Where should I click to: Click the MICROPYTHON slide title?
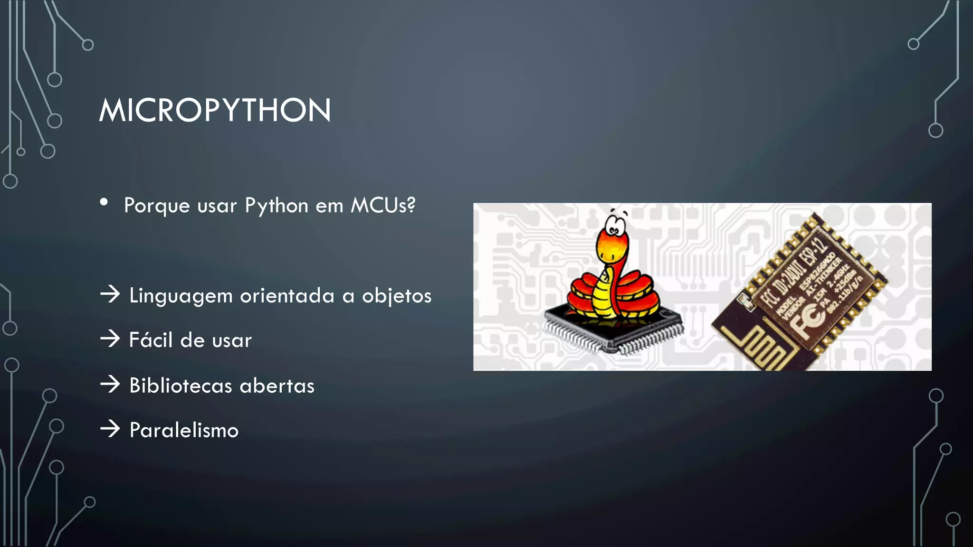click(x=215, y=110)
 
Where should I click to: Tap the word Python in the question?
click(x=277, y=206)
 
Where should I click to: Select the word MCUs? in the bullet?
click(x=383, y=205)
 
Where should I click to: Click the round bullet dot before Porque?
click(x=104, y=202)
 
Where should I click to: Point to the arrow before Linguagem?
click(x=110, y=294)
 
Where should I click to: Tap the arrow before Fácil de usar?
click(x=110, y=339)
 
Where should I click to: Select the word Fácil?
click(x=151, y=340)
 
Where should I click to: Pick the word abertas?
click(x=277, y=385)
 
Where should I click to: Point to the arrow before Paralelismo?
click(x=110, y=429)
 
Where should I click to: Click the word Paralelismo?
click(x=184, y=430)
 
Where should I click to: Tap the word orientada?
click(x=287, y=295)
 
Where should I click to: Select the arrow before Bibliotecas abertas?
click(x=110, y=384)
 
